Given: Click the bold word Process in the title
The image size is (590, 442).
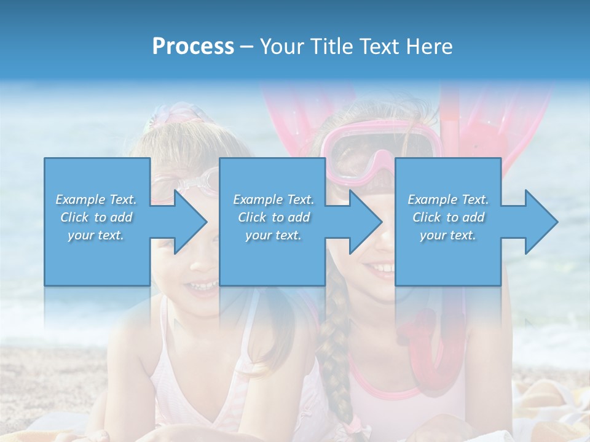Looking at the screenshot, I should (193, 47).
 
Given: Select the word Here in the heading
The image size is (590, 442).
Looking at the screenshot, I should (429, 47).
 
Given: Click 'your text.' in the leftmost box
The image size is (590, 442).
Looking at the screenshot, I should (96, 235).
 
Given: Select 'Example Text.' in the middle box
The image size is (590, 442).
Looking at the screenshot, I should (273, 200).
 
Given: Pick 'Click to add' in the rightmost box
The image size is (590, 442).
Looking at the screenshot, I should (449, 217).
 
